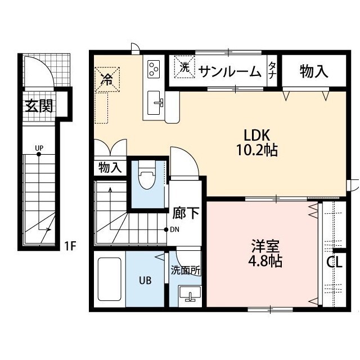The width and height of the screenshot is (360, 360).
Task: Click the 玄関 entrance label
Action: click(x=38, y=105)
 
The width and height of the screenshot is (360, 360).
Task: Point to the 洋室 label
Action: click(x=263, y=247)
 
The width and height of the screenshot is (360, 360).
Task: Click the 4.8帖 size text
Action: click(x=263, y=262)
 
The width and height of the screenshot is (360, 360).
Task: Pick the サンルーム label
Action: click(x=230, y=71)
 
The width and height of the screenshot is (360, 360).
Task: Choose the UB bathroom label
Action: click(x=146, y=279)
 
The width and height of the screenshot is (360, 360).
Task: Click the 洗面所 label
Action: click(x=185, y=270)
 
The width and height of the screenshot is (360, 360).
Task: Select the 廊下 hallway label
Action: click(x=185, y=213)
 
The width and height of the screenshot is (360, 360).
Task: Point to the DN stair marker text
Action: click(x=175, y=229)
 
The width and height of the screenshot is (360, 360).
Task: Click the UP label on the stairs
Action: click(x=39, y=149)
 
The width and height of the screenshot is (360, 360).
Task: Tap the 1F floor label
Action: click(x=70, y=246)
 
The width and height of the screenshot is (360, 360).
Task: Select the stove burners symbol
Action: click(x=154, y=69)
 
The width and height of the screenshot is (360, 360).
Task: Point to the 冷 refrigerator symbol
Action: click(x=106, y=79)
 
